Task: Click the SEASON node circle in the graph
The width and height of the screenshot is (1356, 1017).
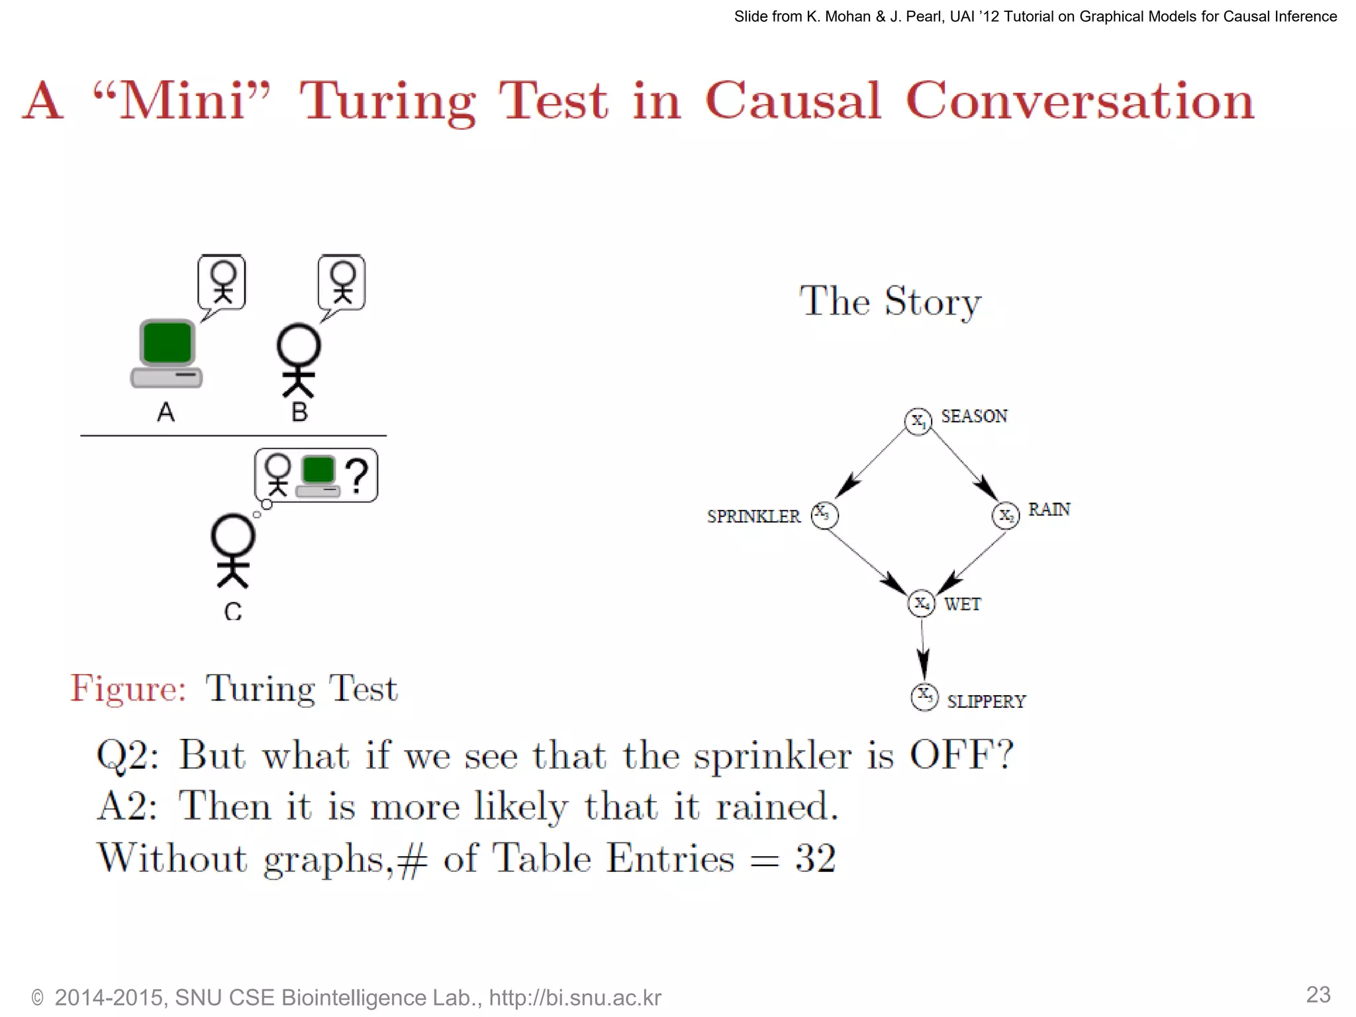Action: click(x=918, y=421)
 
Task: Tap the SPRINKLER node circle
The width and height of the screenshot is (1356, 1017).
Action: click(x=824, y=515)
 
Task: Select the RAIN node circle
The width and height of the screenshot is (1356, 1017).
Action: click(x=1006, y=515)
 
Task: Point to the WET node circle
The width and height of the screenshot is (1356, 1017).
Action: click(x=922, y=603)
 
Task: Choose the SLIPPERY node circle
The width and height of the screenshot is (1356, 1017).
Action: click(x=924, y=697)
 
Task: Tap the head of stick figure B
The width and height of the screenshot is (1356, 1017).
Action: click(x=299, y=346)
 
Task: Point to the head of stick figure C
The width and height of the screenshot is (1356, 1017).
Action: click(x=233, y=536)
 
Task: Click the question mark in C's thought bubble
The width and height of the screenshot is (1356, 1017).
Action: click(x=358, y=475)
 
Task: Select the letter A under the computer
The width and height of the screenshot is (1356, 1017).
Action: click(x=166, y=412)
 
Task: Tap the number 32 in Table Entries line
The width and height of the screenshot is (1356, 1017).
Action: click(x=816, y=859)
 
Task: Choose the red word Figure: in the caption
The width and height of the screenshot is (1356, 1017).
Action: click(x=128, y=688)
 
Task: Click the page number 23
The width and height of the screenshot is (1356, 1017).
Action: click(x=1318, y=994)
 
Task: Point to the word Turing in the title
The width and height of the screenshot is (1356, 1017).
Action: click(x=387, y=101)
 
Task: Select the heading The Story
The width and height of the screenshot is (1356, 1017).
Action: click(x=890, y=301)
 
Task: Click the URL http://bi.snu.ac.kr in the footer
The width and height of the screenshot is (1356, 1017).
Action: click(x=575, y=998)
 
